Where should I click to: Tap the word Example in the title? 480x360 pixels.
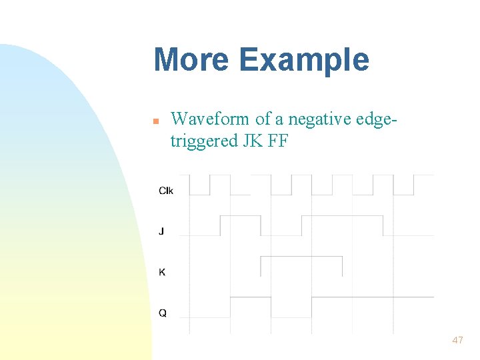click(x=304, y=61)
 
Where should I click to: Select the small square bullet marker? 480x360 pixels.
click(x=155, y=122)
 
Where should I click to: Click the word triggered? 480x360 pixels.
click(x=204, y=141)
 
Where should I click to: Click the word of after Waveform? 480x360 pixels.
click(x=263, y=119)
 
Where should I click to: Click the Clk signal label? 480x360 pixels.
click(x=166, y=191)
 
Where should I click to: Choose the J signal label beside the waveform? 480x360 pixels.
click(x=161, y=231)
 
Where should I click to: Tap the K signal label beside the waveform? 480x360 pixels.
click(x=162, y=272)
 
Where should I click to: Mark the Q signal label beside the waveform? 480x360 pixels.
click(x=163, y=313)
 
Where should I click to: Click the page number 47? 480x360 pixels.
click(x=457, y=340)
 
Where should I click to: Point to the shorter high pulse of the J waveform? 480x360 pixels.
click(x=240, y=217)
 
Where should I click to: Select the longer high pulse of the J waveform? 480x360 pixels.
click(x=342, y=217)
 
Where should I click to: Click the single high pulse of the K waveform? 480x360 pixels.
click(x=301, y=257)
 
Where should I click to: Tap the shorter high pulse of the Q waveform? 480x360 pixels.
click(x=250, y=298)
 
